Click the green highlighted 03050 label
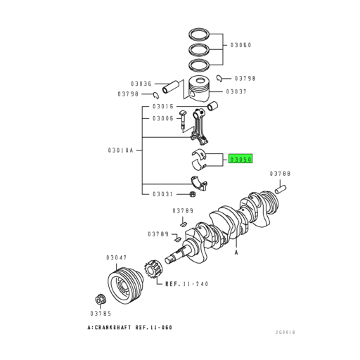coord(240,160)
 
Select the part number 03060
coord(240,45)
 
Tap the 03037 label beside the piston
coord(237,91)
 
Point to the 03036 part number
coord(143,84)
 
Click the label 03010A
coord(120,150)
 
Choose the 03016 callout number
coord(163,106)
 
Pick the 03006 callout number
coord(163,118)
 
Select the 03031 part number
coord(163,194)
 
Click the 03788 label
coord(281,173)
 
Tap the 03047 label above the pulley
coord(116,258)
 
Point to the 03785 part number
coord(101,313)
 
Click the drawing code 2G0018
coord(286,332)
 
